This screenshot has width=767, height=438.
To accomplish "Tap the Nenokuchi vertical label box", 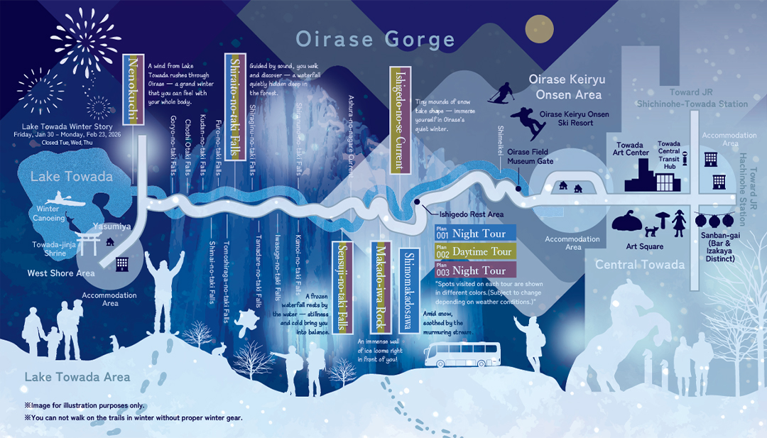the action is point(134,89).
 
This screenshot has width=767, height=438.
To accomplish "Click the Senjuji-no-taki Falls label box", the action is point(342,284).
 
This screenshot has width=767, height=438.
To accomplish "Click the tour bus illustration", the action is point(462,354).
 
